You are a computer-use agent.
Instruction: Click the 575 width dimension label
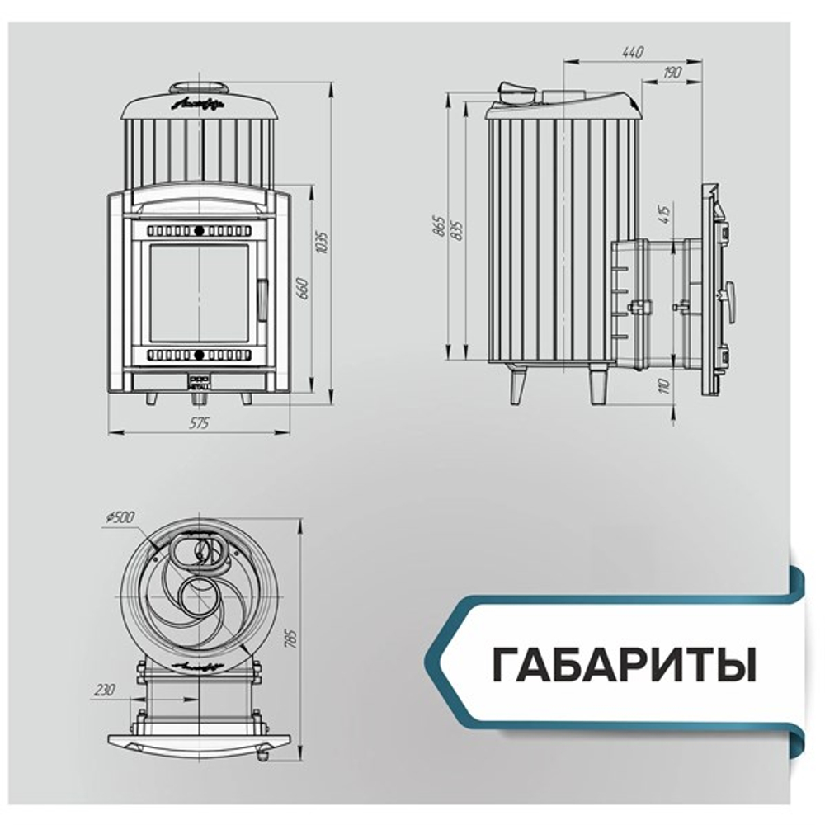tap(199, 422)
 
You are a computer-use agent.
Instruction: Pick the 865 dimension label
tap(439, 225)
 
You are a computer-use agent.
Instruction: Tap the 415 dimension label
tap(664, 214)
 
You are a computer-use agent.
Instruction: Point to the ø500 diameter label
tap(120, 517)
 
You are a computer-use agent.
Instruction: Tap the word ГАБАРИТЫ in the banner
tap(624, 665)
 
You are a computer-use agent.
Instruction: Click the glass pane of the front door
tap(198, 293)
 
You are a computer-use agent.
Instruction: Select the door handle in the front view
tap(262, 300)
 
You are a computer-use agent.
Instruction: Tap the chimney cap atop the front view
tap(198, 87)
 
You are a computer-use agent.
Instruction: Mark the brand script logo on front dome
tap(198, 105)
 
